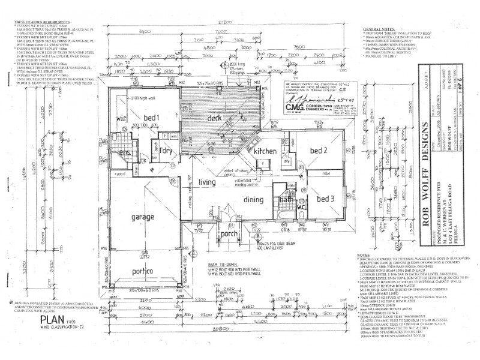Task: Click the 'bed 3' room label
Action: (325, 198)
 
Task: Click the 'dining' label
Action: (253, 200)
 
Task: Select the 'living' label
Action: (207, 182)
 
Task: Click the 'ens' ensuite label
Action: (125, 153)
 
